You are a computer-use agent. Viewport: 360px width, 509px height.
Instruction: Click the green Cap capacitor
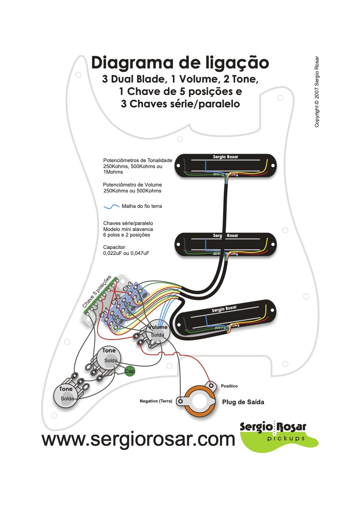pos(129,371)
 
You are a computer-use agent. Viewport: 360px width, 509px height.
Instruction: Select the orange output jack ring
pos(198,400)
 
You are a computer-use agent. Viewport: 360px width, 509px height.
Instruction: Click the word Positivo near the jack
pos(229,386)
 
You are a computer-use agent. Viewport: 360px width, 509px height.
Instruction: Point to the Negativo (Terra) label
pos(156,401)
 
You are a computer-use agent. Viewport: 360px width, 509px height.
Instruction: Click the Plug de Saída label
pos(243,402)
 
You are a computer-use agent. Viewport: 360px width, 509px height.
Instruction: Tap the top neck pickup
pos(225,165)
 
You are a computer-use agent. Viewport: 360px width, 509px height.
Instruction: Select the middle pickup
pos(225,243)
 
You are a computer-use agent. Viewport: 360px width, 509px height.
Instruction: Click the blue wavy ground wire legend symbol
pos(112,206)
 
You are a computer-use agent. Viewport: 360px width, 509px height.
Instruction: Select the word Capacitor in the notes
pos(114,247)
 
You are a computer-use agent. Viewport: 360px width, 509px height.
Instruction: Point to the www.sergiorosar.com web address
pos(138,439)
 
